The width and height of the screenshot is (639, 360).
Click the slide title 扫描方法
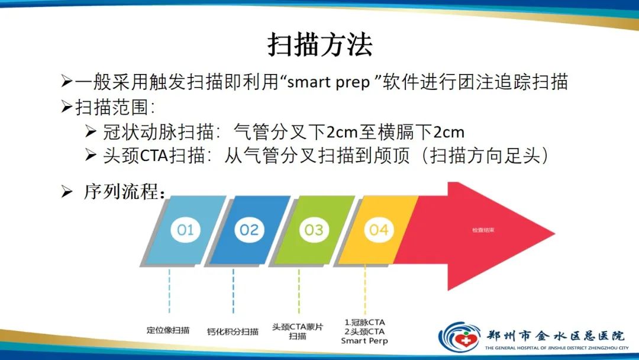319,45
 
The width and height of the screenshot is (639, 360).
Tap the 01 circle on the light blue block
185,229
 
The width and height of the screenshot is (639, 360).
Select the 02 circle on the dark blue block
249,229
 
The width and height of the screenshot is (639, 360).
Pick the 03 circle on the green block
314,229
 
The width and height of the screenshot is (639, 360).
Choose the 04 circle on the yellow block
378,229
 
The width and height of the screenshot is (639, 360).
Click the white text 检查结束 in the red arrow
483,230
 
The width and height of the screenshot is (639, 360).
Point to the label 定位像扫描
169,330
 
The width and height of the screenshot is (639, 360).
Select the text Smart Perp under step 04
364,340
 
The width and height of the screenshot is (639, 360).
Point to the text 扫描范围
109,107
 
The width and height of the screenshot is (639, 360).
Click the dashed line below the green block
299,290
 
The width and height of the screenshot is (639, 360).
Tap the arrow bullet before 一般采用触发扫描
67,82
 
